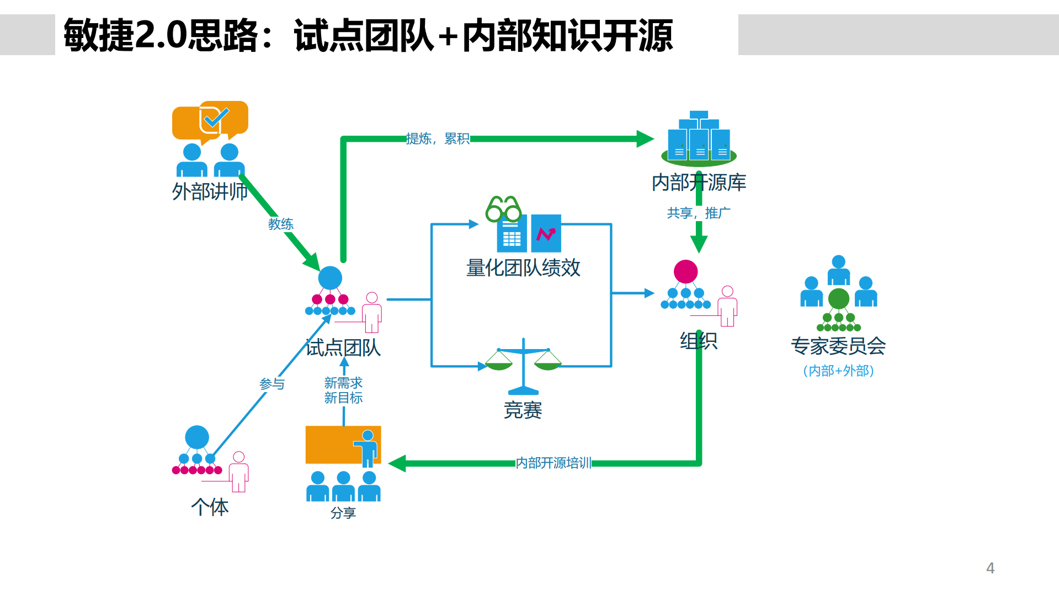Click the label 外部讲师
click(210, 192)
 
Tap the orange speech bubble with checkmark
click(210, 120)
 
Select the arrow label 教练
click(280, 224)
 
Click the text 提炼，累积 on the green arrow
click(438, 138)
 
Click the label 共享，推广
click(698, 213)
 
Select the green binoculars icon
click(503, 209)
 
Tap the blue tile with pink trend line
click(546, 233)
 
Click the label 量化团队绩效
click(523, 268)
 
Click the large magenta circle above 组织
click(685, 271)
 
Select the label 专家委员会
click(838, 346)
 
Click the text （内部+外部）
click(838, 371)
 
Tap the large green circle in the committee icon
click(838, 298)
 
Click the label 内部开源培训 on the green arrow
click(553, 463)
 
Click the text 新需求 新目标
click(343, 390)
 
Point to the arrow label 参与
click(272, 384)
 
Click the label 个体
click(210, 507)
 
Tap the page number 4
click(990, 568)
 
